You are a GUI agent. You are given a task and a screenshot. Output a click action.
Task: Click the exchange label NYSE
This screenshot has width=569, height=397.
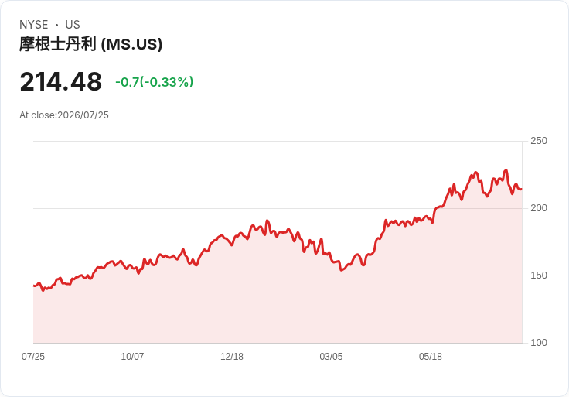34,25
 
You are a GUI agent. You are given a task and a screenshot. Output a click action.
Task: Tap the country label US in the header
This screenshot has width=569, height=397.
73,25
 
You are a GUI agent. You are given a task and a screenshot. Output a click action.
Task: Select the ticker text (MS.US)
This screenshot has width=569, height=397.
131,44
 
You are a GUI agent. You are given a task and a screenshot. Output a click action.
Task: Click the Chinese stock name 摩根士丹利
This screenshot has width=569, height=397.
58,44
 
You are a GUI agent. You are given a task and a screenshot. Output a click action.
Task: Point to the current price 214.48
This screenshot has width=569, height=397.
61,82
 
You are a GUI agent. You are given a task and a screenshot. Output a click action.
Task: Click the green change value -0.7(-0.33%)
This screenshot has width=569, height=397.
154,82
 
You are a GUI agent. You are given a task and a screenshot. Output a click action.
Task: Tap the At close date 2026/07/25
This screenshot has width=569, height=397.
83,115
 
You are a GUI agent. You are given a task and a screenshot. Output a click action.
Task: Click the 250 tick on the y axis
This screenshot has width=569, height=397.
539,141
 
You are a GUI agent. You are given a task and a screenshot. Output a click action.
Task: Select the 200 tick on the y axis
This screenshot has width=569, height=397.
539,208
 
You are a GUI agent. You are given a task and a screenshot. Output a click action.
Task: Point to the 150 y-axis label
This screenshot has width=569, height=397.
539,276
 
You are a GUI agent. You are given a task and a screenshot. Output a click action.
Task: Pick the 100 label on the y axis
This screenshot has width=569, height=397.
539,343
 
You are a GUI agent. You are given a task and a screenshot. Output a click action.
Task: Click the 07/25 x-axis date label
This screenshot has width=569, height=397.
33,357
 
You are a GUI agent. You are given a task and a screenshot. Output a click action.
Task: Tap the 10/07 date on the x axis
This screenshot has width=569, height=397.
132,357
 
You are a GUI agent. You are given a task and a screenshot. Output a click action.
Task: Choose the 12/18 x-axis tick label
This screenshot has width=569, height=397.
232,357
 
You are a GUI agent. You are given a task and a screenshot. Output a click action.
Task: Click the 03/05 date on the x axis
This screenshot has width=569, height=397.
331,357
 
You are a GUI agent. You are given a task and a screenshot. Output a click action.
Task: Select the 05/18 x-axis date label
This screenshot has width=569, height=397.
431,357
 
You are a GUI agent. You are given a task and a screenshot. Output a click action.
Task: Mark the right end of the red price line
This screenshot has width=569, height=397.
522,190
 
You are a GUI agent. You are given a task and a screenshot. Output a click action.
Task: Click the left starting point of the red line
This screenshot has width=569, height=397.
34,286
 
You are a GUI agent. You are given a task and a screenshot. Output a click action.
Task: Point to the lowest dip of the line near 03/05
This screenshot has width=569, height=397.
341,270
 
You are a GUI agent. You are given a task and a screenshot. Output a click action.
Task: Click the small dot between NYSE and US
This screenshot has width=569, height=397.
56,25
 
